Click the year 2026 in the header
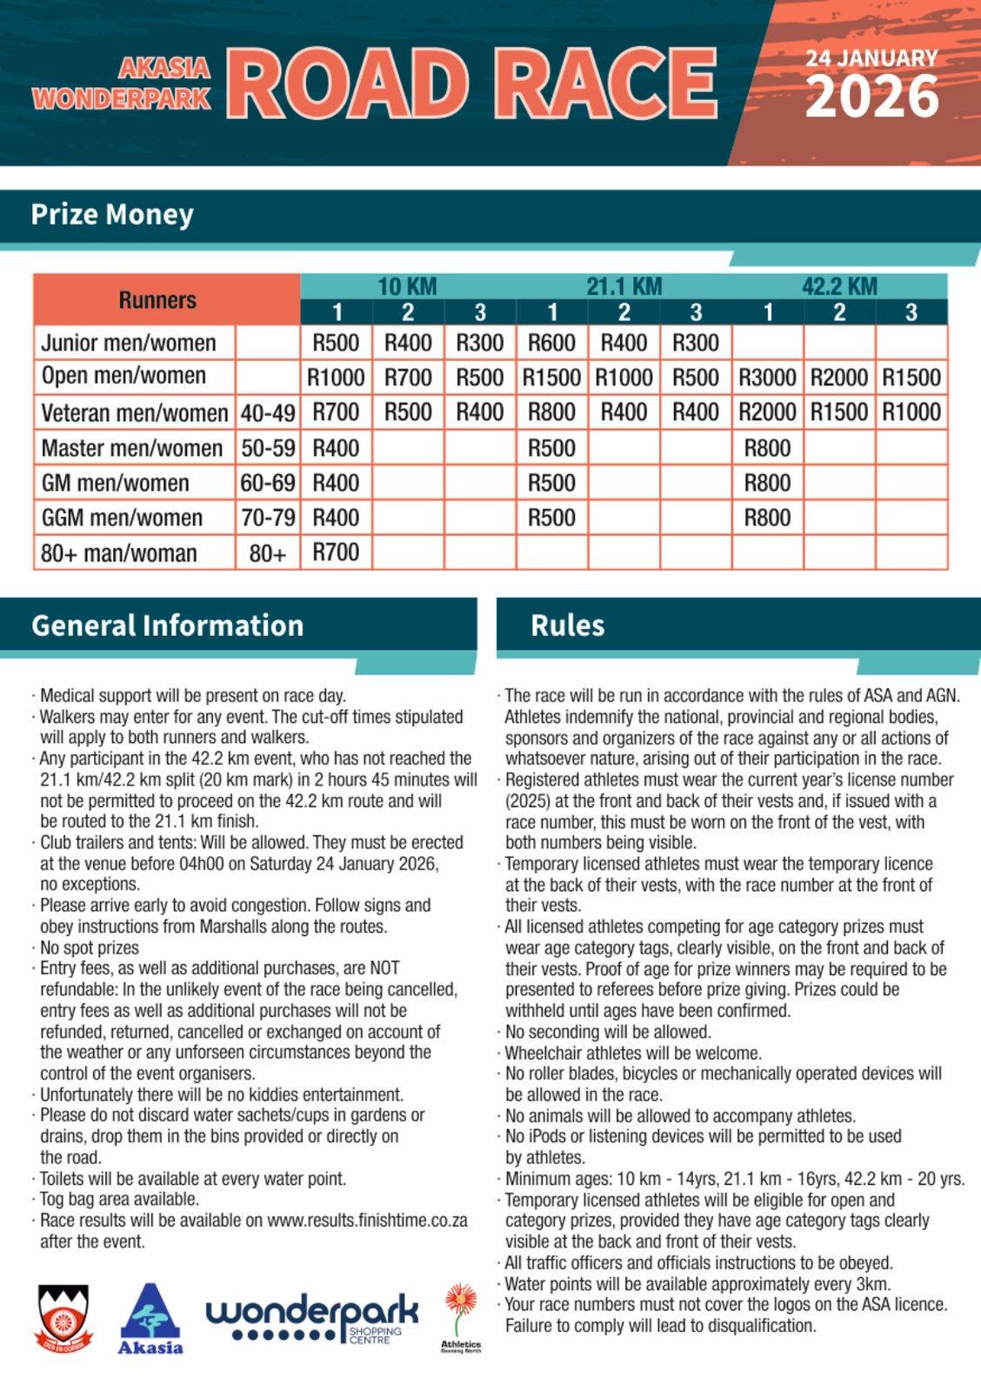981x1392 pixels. click(x=872, y=97)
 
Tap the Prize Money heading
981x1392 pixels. click(x=112, y=215)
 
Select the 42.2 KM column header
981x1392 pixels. click(x=839, y=286)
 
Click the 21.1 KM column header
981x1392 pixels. click(x=624, y=286)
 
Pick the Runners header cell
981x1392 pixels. click(x=157, y=300)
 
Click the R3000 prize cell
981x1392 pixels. click(x=767, y=378)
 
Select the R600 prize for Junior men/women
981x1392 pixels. click(x=551, y=343)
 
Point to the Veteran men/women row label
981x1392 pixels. click(x=135, y=412)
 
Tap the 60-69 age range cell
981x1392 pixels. click(x=268, y=483)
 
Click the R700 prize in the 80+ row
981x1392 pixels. click(x=336, y=552)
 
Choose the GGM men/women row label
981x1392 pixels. click(x=122, y=518)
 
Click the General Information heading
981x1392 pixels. click(x=168, y=626)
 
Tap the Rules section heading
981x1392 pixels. click(x=567, y=626)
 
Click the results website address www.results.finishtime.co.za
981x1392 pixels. click(x=367, y=1221)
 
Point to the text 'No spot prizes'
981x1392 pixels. click(x=90, y=947)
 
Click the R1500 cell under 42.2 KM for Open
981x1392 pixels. click(x=911, y=378)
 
